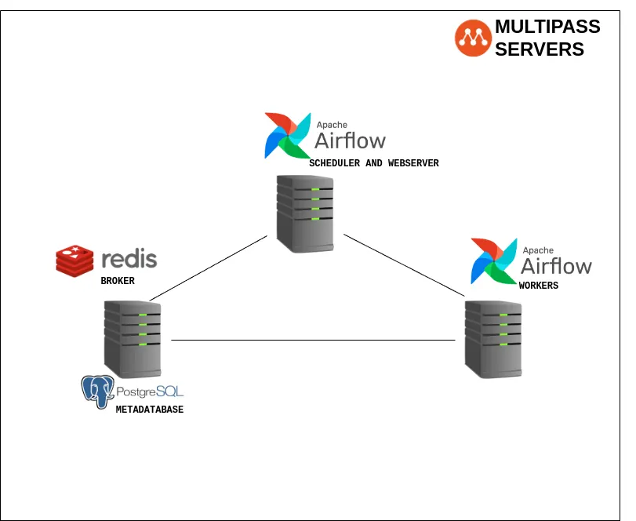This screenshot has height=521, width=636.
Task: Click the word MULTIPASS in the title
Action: [x=547, y=27]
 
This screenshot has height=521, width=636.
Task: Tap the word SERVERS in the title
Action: [x=540, y=49]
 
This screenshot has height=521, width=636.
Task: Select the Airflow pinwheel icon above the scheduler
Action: [x=287, y=136]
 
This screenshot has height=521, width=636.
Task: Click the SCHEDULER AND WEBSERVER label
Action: [x=374, y=163]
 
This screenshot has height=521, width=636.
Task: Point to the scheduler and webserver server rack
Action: [x=304, y=213]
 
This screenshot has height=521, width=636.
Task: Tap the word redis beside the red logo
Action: [x=129, y=259]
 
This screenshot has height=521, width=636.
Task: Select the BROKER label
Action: [x=118, y=280]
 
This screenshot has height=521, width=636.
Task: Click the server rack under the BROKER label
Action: [x=133, y=338]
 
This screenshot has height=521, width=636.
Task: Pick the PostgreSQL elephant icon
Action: [x=98, y=392]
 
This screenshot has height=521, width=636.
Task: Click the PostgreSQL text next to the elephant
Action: [x=150, y=391]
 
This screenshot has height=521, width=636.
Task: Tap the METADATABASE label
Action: [x=150, y=410]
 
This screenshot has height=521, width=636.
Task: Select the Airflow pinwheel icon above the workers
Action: [x=493, y=260]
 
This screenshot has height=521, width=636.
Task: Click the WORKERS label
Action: [x=539, y=286]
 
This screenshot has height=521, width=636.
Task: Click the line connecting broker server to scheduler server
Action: [x=209, y=268]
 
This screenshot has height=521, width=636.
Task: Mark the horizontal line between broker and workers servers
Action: [x=314, y=340]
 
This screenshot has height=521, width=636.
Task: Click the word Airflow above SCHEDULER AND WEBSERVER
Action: [x=350, y=140]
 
